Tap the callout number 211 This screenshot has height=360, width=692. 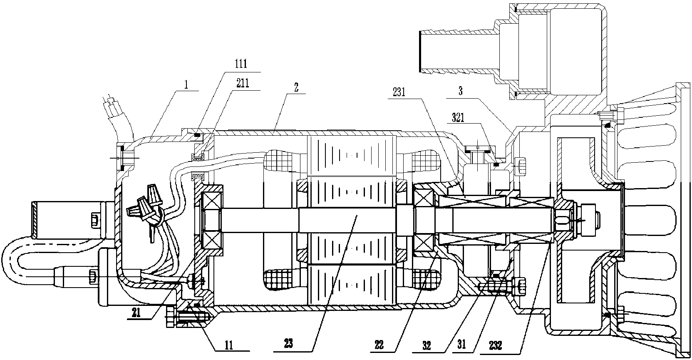242,83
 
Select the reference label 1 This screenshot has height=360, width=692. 187,84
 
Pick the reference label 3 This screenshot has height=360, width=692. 460,92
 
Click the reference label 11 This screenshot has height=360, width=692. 228,345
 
